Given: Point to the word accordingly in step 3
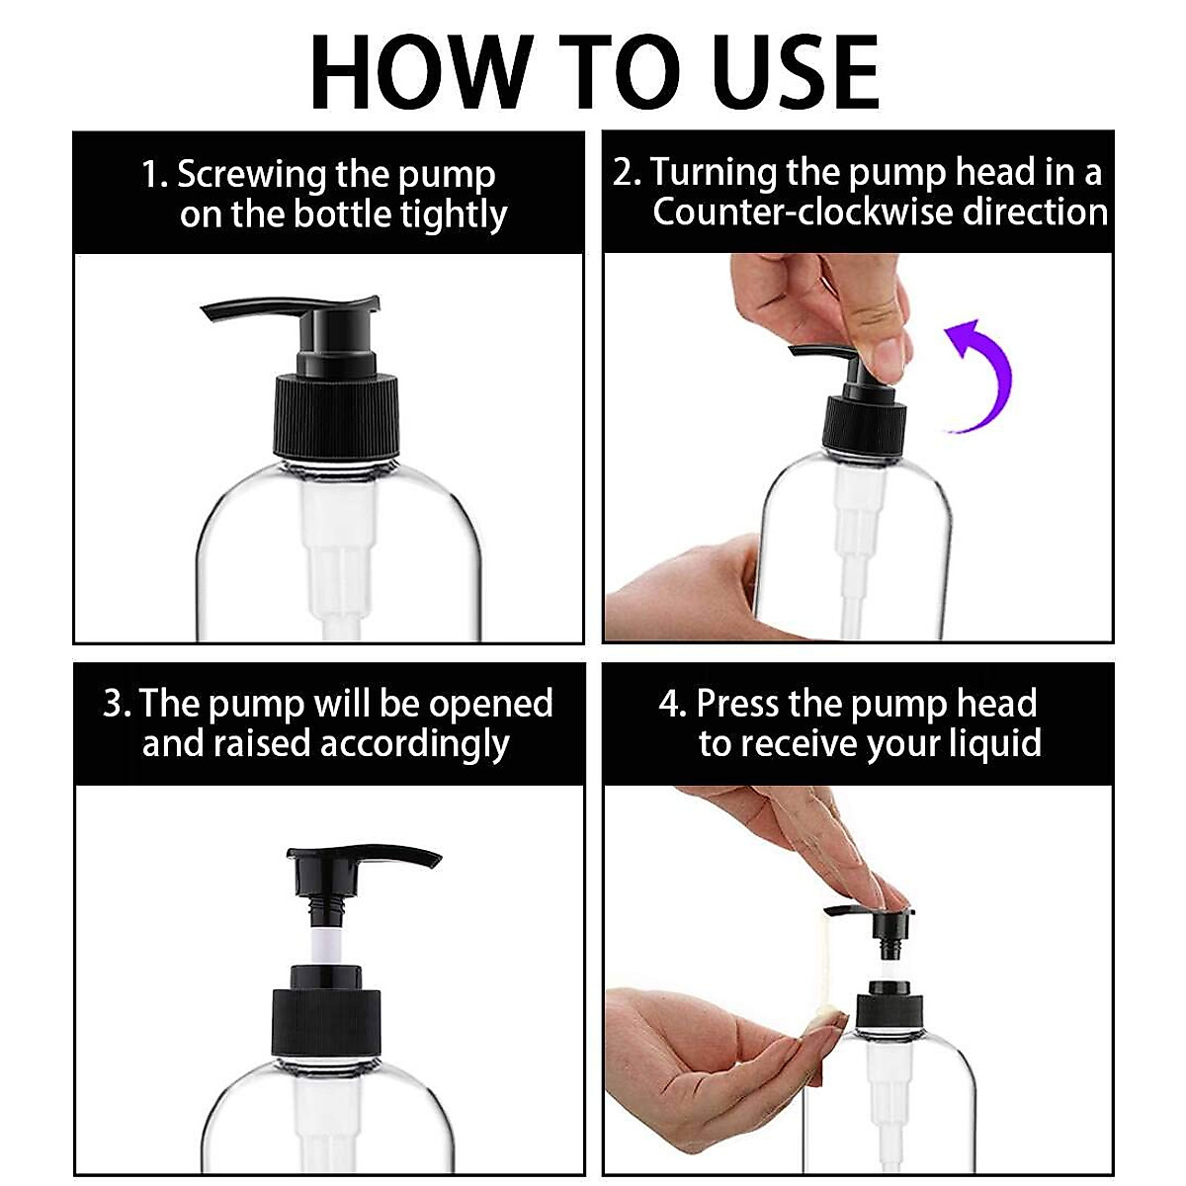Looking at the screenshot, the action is click(415, 744).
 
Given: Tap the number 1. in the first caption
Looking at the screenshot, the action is click(154, 175).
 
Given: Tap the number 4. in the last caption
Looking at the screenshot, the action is click(672, 704).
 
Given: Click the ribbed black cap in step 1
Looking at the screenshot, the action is click(336, 416).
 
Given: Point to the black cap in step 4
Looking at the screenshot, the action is click(889, 1016).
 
